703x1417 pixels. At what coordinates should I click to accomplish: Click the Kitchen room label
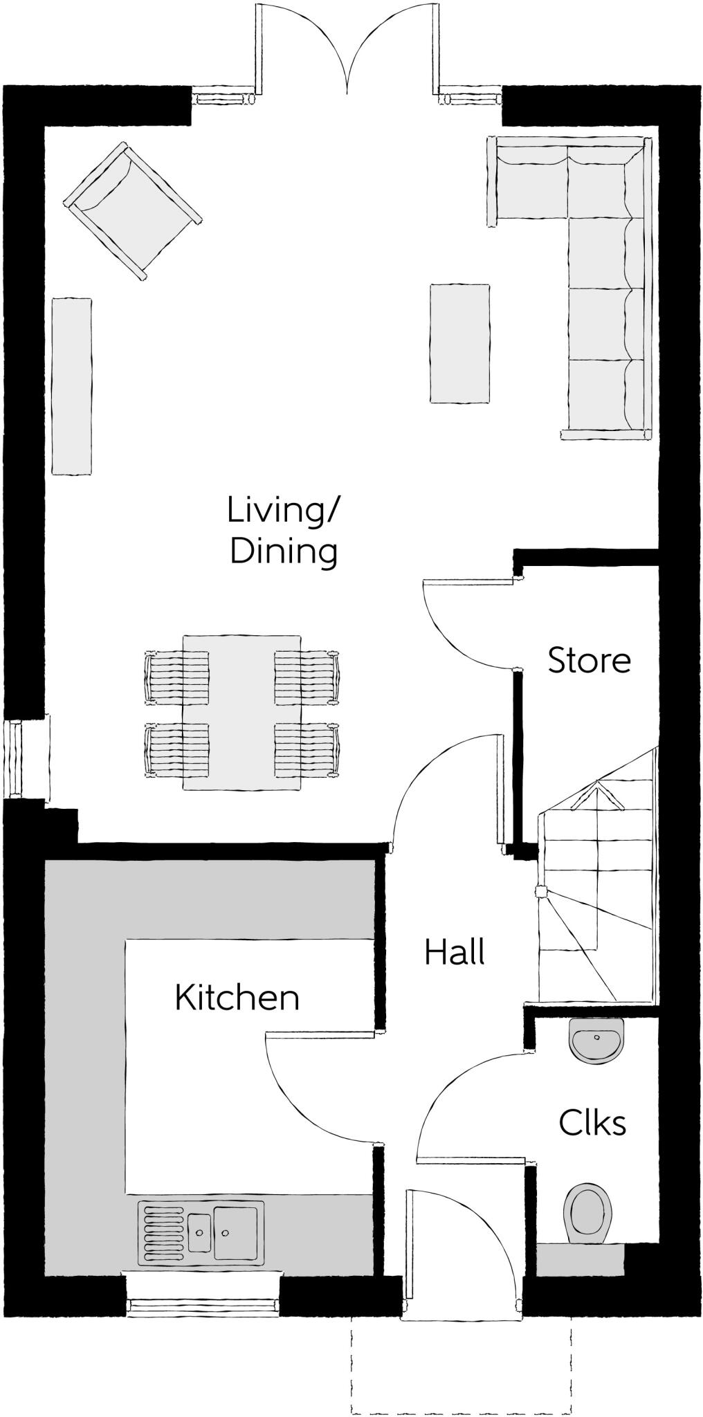click(237, 998)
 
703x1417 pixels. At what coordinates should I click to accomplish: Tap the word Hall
click(455, 953)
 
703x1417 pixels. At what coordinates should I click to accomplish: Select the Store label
click(589, 661)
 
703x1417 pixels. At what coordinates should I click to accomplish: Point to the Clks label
click(592, 1123)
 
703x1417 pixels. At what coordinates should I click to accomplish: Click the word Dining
click(284, 553)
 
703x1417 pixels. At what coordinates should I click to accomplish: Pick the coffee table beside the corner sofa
click(459, 343)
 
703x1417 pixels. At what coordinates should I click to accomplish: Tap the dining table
click(241, 713)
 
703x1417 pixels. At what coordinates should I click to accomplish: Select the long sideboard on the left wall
click(72, 386)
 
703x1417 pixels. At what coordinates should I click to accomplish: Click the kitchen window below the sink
click(203, 1304)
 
